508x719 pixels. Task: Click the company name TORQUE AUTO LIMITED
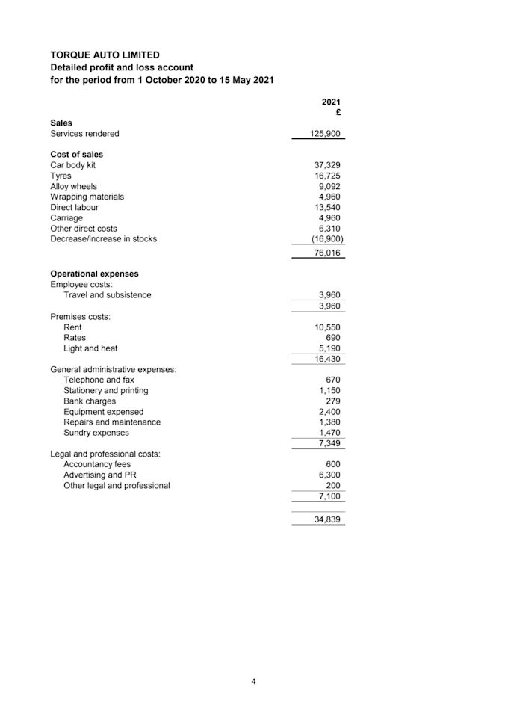pos(105,55)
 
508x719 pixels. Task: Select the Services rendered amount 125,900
pos(326,134)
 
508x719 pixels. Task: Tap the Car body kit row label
pos(72,165)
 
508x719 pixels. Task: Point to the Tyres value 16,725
pos(328,176)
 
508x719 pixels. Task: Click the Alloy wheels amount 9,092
pos(330,186)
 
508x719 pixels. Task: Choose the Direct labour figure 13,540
pos(328,207)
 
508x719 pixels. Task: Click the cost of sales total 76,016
pos(328,253)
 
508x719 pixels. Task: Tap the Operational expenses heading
pos(94,274)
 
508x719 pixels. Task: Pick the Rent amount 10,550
pos(328,327)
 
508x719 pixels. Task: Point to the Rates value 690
pos(333,338)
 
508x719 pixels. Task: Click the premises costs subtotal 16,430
pos(328,359)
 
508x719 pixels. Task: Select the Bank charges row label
pos(90,401)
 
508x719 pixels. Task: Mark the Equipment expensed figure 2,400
pos(330,412)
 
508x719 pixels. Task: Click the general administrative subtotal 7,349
pos(330,444)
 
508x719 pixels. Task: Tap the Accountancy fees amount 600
pos(333,464)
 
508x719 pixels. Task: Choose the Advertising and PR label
pos(100,475)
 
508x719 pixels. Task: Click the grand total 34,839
pos(328,519)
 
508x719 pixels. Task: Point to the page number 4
pos(254,681)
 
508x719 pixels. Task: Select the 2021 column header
pos(331,102)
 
